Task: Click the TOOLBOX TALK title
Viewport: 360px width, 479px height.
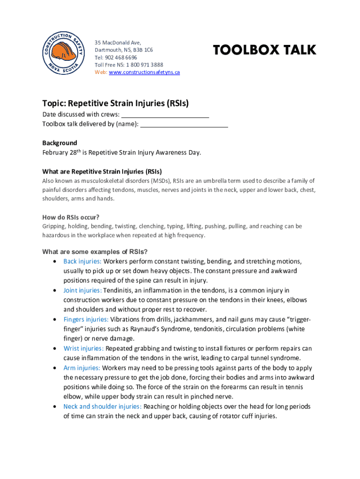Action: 265,50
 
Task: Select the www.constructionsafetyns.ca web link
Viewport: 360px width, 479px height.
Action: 144,72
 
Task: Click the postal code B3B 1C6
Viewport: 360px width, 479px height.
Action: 143,50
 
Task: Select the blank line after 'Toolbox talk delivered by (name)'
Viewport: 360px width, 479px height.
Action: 184,124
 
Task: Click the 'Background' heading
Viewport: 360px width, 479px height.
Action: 60,143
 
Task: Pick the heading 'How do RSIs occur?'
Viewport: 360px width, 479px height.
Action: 71,217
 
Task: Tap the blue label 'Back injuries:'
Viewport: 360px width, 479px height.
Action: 82,261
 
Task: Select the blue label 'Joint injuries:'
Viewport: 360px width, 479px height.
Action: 82,290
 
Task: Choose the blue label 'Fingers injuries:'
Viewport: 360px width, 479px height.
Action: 86,319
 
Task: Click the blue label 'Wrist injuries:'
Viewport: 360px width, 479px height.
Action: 84,348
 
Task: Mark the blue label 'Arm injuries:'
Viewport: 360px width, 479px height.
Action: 82,368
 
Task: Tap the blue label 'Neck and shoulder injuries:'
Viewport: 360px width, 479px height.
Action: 102,406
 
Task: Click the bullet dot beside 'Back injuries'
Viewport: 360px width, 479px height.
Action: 56,261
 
